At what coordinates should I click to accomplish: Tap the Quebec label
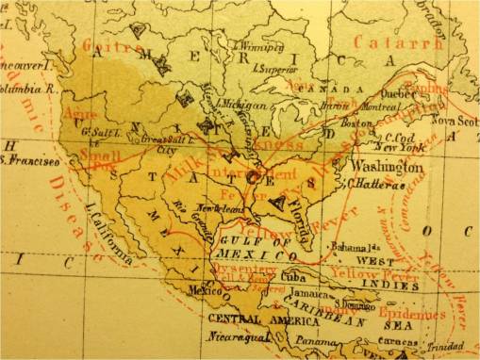[x=397, y=93]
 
